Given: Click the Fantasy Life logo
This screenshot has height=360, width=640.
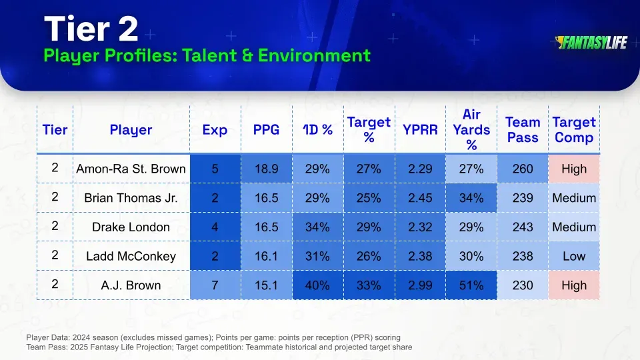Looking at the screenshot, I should pos(591,43).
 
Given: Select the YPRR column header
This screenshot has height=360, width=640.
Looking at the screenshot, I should pos(420,130).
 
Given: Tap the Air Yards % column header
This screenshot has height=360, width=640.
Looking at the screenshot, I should pos(471,130).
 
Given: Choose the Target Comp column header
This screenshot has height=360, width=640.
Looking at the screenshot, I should pos(573,130).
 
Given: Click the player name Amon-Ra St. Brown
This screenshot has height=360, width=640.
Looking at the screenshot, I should pos(131,169).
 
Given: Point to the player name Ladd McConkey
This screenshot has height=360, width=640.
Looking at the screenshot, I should pos(131,256).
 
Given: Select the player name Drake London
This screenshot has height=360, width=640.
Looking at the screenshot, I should pos(131,227).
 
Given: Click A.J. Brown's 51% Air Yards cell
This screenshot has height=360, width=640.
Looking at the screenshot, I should pos(471,285).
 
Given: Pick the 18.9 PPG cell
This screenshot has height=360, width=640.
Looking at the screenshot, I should pos(266,169).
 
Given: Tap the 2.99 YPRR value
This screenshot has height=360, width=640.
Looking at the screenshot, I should pos(420,285).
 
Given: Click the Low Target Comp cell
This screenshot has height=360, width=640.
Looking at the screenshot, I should pos(573,256).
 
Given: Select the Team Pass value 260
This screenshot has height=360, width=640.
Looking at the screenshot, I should pos(523,169).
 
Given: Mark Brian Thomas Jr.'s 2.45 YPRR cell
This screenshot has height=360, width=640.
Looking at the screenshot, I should pos(420,198).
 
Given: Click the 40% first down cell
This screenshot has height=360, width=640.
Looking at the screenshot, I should pos(317,285).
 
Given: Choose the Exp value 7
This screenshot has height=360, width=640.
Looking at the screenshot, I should pos(215,285).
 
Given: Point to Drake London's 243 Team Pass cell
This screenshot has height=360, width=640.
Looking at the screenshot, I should pos(523,227).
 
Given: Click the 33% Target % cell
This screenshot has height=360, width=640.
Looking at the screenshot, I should pos(369,285).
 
